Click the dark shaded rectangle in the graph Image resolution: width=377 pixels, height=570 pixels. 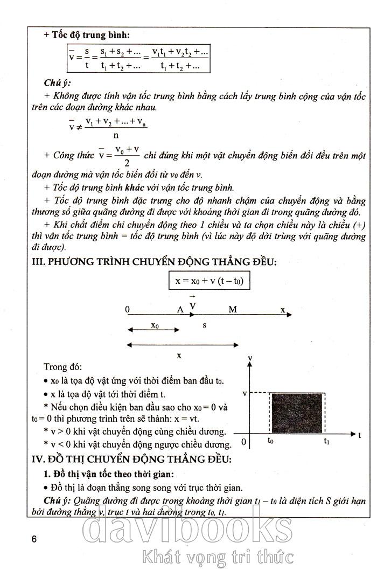(x=297, y=413)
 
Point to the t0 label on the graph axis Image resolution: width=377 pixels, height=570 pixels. (x=271, y=440)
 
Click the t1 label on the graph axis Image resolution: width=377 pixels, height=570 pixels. (x=326, y=441)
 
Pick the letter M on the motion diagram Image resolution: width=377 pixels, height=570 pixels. (x=233, y=309)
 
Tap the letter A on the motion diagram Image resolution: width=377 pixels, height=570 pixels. (x=180, y=309)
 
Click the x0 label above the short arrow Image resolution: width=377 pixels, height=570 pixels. (x=155, y=325)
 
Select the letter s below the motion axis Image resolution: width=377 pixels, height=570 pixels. (x=204, y=325)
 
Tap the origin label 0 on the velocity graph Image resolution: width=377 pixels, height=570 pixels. (x=243, y=442)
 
